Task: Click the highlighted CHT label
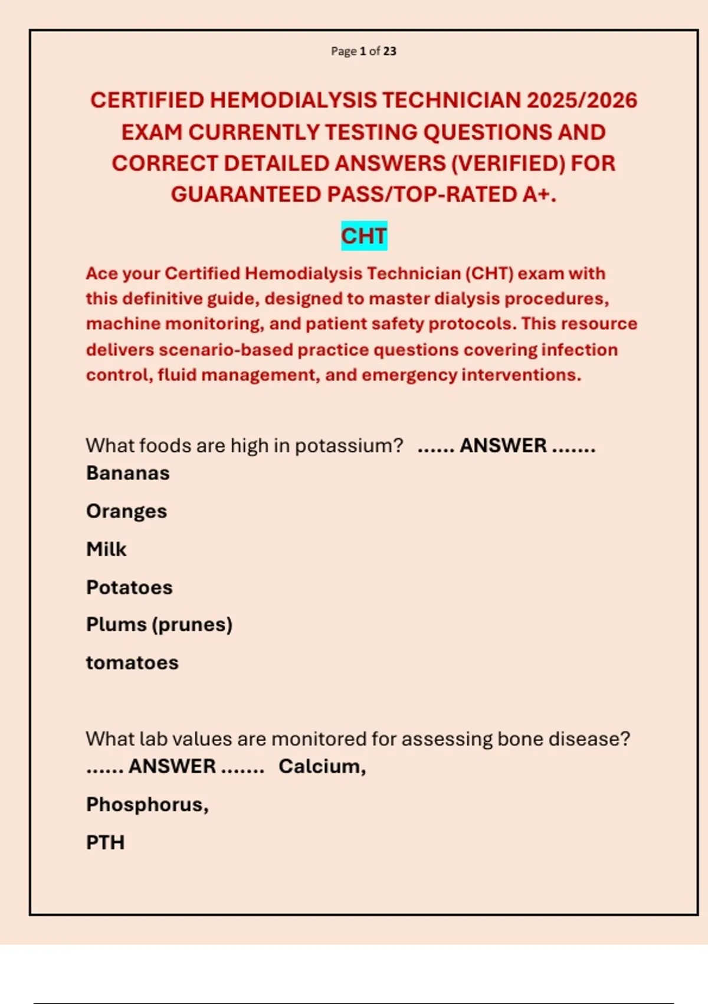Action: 364,236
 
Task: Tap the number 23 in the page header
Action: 389,51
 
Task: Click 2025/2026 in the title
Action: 582,100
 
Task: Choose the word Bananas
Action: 128,473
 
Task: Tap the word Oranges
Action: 127,511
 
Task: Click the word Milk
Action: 106,549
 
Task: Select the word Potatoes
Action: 130,588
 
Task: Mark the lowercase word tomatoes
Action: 132,663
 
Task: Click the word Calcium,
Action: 322,767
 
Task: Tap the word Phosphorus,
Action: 147,804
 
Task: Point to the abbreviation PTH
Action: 106,843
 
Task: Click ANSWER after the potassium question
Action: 503,445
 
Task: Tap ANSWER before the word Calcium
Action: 172,767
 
